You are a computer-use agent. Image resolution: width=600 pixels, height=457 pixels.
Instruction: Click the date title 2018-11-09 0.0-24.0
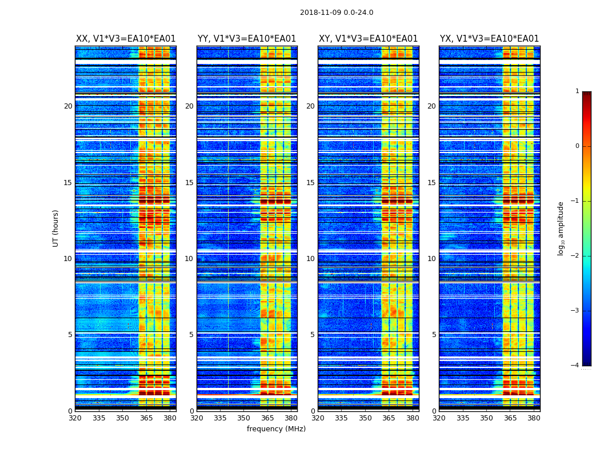pos(337,13)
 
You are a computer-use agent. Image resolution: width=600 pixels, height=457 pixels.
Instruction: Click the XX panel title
pos(126,39)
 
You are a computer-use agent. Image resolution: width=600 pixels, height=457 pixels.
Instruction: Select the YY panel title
pos(247,39)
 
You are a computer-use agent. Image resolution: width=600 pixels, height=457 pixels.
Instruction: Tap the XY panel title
pos(368,39)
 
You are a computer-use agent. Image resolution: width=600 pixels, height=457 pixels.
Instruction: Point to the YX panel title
pos(489,39)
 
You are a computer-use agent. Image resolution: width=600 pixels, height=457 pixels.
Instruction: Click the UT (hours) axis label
pos(56,228)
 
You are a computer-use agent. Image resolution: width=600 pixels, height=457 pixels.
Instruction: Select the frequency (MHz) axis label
pos(276,429)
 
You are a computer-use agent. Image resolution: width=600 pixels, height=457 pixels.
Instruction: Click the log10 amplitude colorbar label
pos(561,228)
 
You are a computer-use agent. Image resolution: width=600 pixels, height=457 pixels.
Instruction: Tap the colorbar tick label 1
pos(577,91)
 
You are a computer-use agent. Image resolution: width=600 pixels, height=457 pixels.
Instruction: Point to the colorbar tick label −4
pos(575,366)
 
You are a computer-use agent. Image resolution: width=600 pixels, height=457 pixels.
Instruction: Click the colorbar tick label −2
pos(575,256)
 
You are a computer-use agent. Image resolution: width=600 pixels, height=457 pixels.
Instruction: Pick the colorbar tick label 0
pos(577,146)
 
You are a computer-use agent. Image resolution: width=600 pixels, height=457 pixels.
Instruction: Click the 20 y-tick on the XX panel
pos(68,106)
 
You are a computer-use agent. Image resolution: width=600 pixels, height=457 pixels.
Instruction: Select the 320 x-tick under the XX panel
pos(75,418)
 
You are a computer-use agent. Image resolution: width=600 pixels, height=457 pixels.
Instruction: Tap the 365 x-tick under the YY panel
pos(267,418)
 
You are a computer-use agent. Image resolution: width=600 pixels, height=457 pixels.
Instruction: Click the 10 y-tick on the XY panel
pos(310,259)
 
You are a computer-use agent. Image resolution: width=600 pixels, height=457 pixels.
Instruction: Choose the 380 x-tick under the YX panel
pos(534,418)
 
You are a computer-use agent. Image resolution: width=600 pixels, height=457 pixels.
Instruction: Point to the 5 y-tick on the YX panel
pos(434,335)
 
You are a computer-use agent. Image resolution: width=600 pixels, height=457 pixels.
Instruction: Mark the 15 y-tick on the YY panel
pos(189,183)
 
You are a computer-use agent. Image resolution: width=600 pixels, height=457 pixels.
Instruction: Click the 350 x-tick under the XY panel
pos(365,418)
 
